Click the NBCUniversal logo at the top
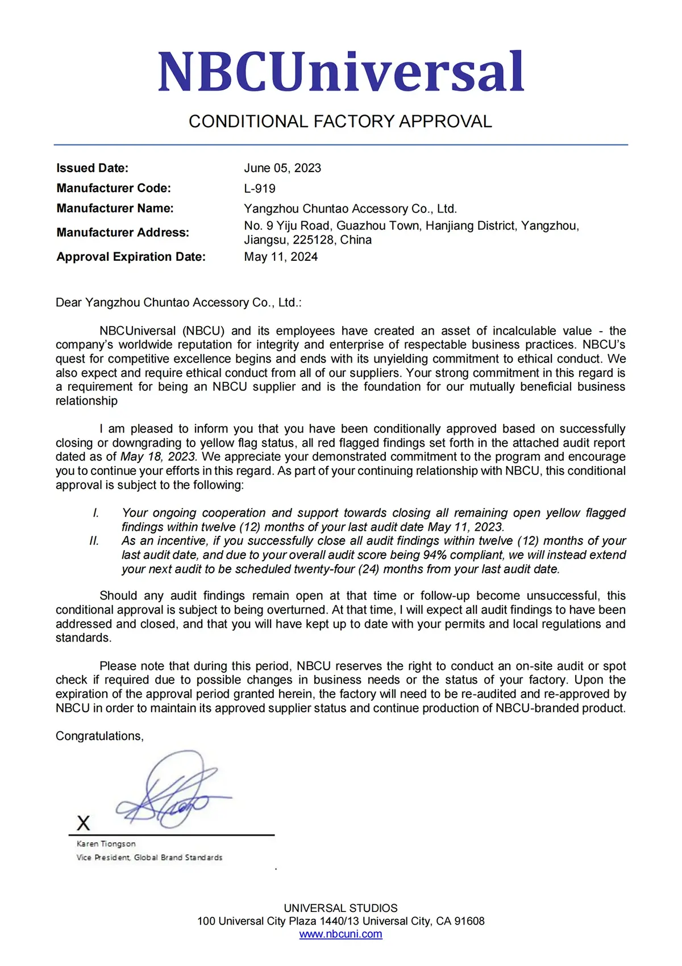pyautogui.click(x=340, y=72)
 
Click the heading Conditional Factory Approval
pyautogui.click(x=340, y=122)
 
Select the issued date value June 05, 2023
pyautogui.click(x=282, y=168)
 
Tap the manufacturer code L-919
pyautogui.click(x=260, y=189)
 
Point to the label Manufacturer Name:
pyautogui.click(x=115, y=209)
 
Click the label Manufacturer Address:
pyautogui.click(x=123, y=232)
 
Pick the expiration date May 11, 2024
pyautogui.click(x=281, y=257)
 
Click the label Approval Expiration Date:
pyautogui.click(x=131, y=257)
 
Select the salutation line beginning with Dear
pyautogui.click(x=178, y=303)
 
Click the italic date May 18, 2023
pyautogui.click(x=158, y=457)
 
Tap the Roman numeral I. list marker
pyautogui.click(x=96, y=513)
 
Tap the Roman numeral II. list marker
pyautogui.click(x=94, y=541)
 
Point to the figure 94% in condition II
pyautogui.click(x=435, y=555)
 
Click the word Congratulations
pyautogui.click(x=99, y=736)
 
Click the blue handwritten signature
pyautogui.click(x=170, y=793)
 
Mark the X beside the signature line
pyautogui.click(x=84, y=823)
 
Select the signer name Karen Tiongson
pyautogui.click(x=106, y=844)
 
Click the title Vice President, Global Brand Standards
pyautogui.click(x=149, y=857)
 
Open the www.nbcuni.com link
pyautogui.click(x=340, y=934)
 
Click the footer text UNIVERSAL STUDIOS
pyautogui.click(x=340, y=908)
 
